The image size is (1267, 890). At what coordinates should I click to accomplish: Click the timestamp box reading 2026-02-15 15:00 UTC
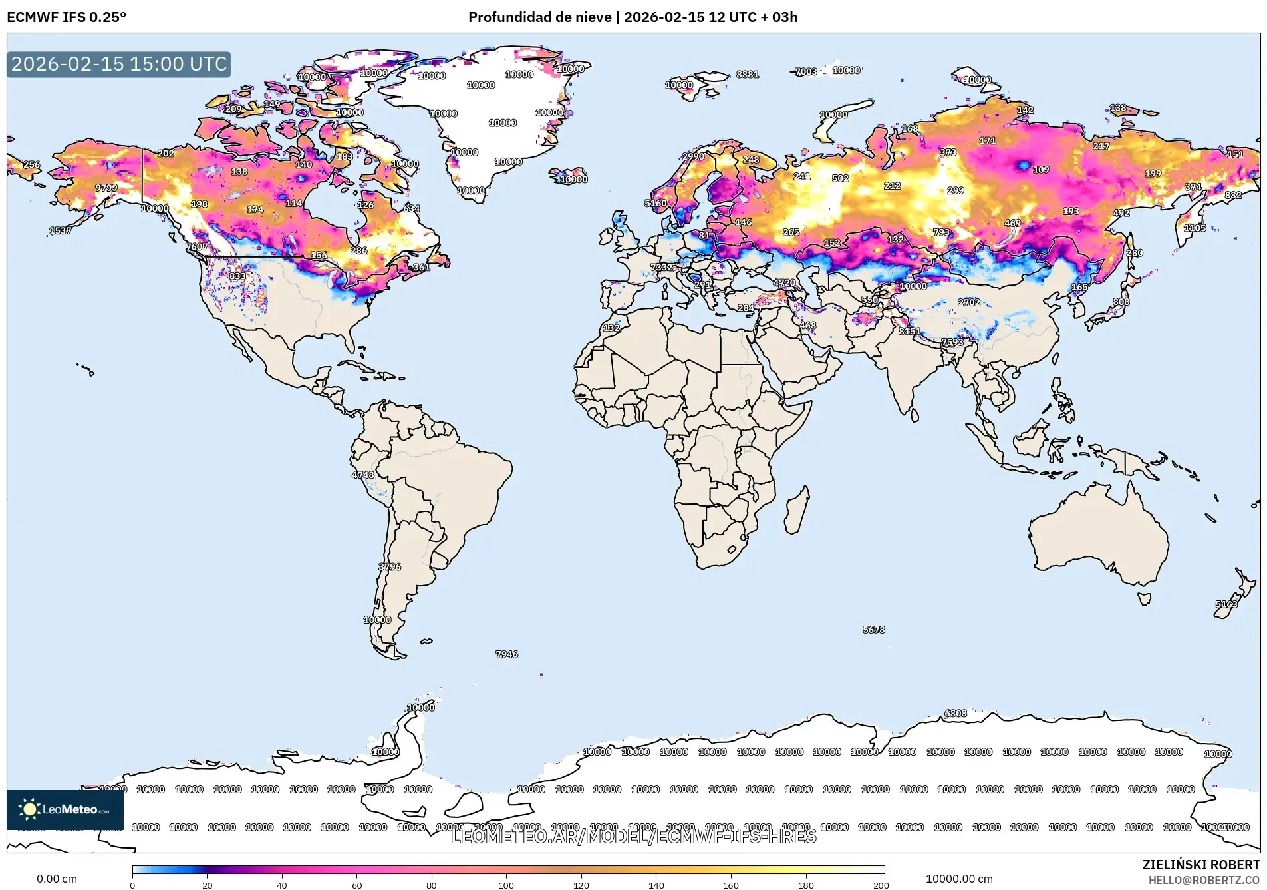pos(119,64)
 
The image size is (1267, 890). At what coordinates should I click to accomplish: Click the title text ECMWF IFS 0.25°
pos(67,17)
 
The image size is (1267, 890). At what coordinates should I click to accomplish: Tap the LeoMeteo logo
pos(65,809)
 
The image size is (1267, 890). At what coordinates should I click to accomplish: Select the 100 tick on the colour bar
pos(506,885)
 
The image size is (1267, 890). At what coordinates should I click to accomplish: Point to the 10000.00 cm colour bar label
pos(958,879)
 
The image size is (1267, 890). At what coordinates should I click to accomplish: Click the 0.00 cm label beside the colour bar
pos(57,879)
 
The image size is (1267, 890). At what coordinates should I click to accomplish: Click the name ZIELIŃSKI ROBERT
pos(1200,865)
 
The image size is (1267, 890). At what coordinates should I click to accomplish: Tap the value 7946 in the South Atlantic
pos(507,654)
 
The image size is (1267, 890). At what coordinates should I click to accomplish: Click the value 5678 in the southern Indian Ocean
pos(873,630)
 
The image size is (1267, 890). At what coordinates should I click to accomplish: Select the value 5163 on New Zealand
pos(1226,604)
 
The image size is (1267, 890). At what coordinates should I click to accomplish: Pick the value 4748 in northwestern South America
pos(363,475)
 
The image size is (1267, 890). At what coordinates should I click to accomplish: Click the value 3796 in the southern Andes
pos(390,567)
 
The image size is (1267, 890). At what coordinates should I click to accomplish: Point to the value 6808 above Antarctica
pos(956,713)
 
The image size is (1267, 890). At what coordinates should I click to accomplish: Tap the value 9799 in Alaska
pos(106,188)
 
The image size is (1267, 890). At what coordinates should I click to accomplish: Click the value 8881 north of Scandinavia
pos(748,74)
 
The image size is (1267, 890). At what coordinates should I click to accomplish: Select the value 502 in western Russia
pos(840,178)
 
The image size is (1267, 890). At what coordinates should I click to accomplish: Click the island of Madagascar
pos(797,510)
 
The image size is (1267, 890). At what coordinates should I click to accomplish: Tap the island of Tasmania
pos(1144,599)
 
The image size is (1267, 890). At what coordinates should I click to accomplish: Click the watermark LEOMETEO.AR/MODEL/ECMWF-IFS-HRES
pos(633,837)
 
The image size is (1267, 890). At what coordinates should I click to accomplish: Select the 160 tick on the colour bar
pos(731,885)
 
